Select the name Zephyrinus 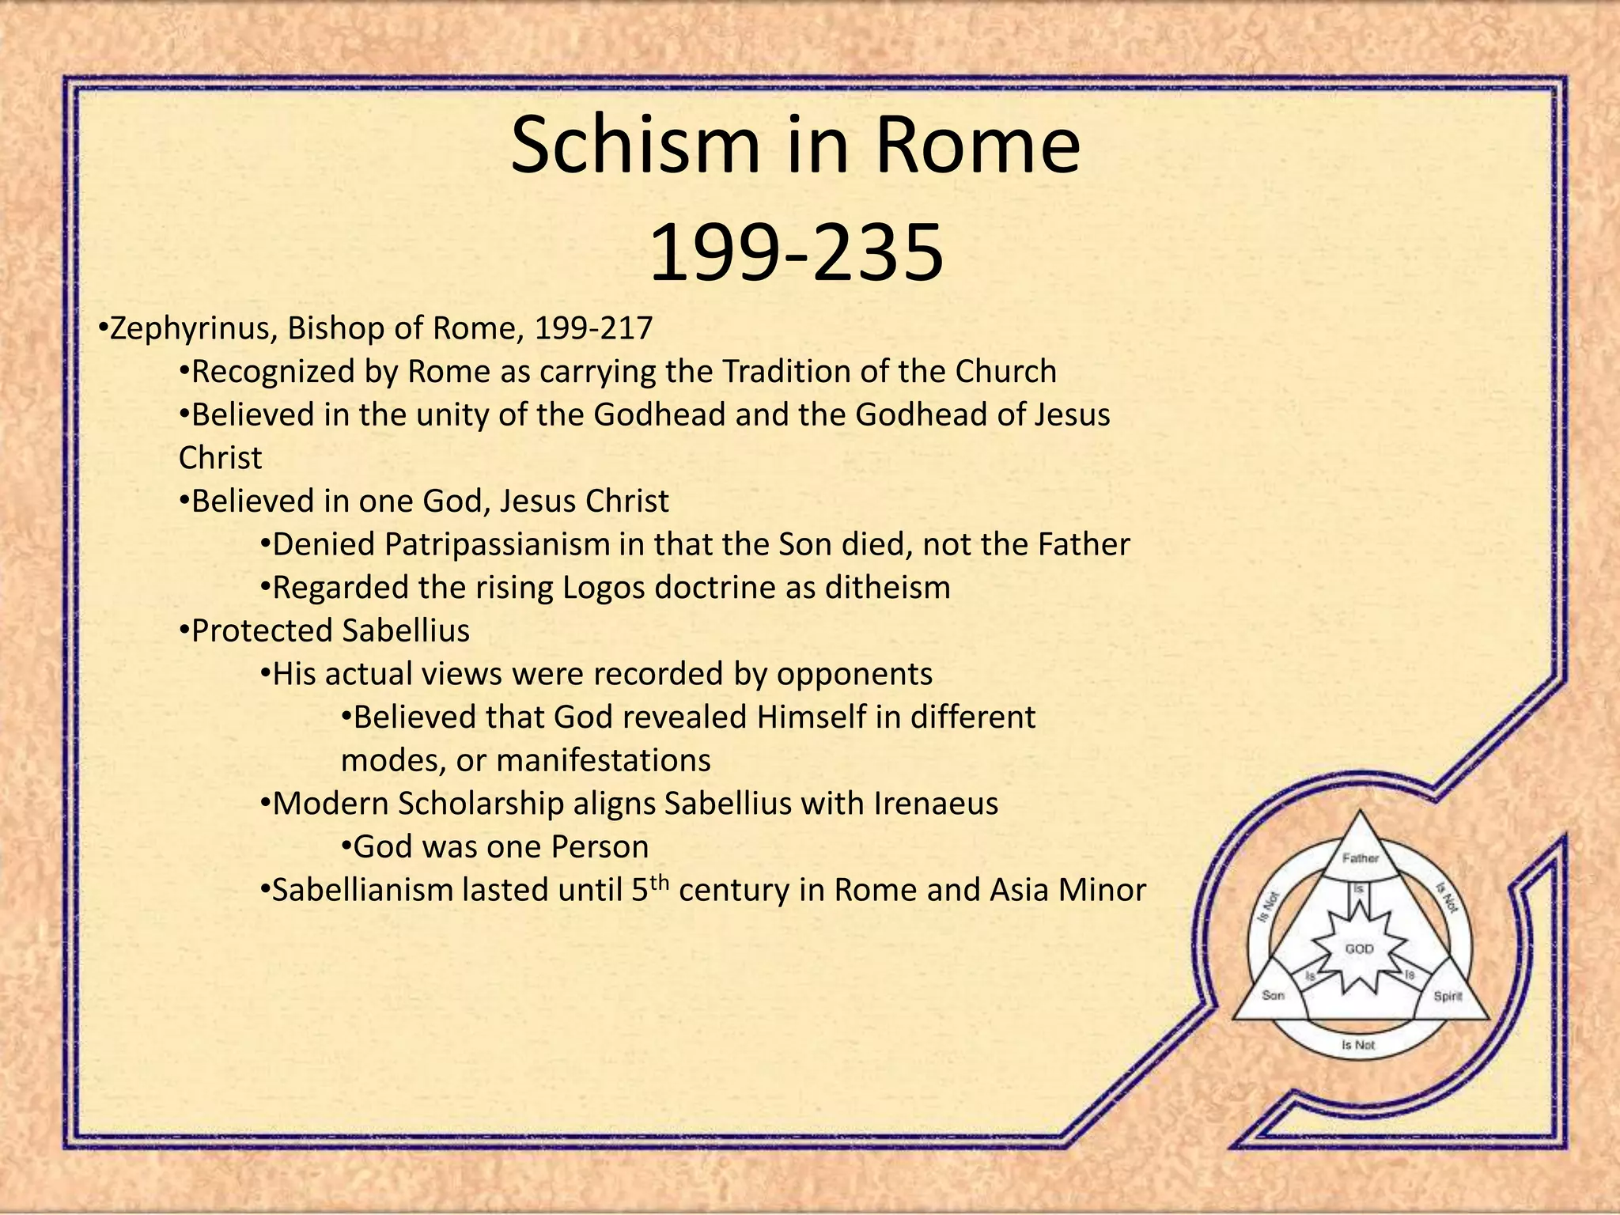[190, 328]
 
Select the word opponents [854, 675]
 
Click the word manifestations [604, 761]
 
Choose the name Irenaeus [936, 804]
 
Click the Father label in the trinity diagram [1361, 858]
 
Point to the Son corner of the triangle [1273, 995]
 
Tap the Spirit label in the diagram [1448, 996]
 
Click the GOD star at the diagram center [1359, 948]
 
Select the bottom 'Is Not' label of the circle [1358, 1045]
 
